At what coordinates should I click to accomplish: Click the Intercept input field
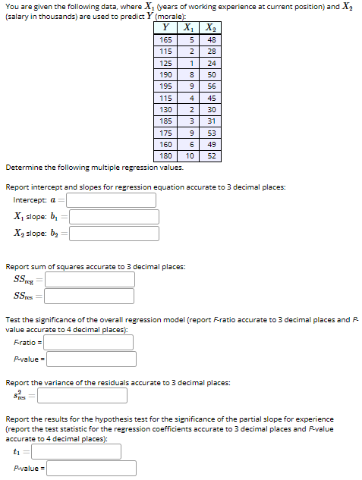(111, 200)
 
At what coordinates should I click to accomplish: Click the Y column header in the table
(166, 29)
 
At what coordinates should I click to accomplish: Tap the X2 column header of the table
(212, 29)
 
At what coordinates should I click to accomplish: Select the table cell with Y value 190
(166, 75)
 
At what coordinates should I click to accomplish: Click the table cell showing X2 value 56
(212, 86)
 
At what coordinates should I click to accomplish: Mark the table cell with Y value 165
(166, 40)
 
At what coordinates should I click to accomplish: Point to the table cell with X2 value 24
(212, 64)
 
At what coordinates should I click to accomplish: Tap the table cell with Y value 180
(166, 155)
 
